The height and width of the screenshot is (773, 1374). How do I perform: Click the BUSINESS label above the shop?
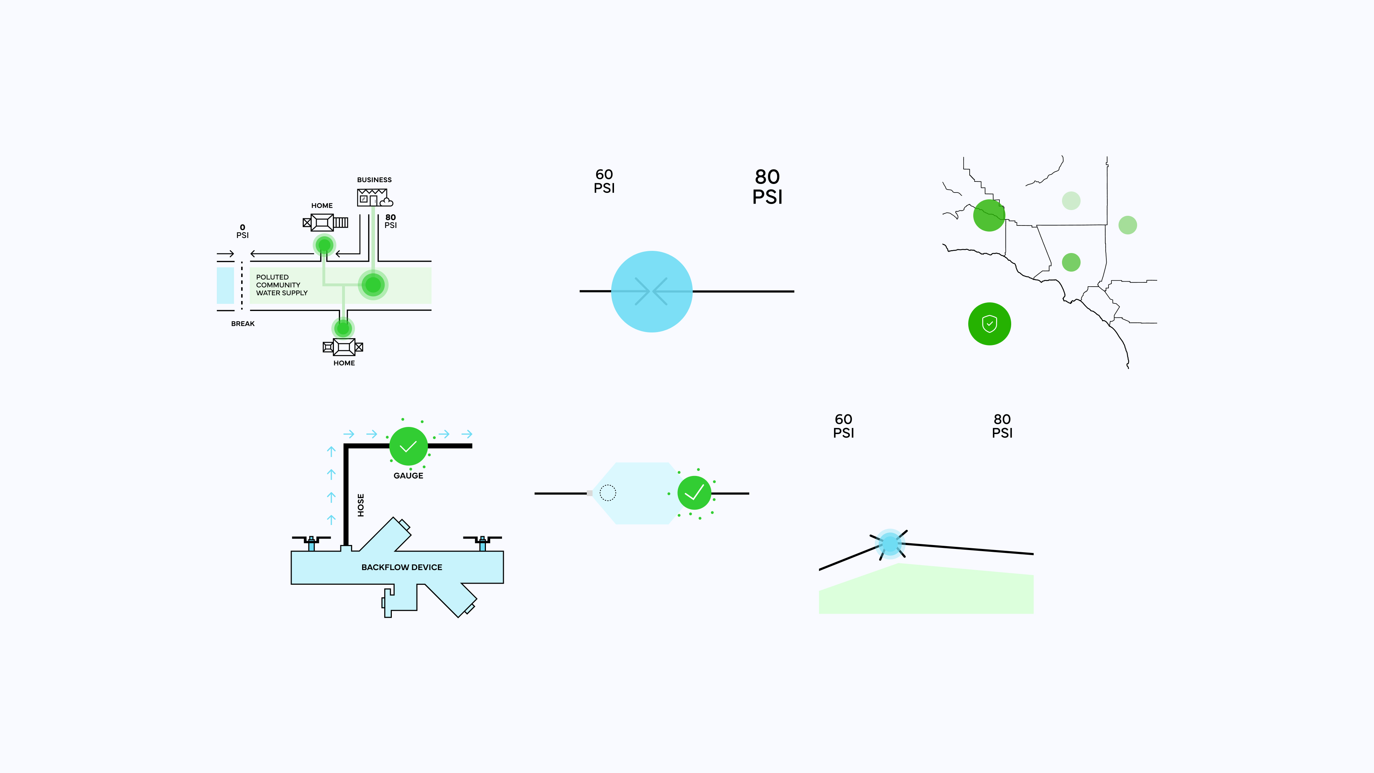[x=374, y=180]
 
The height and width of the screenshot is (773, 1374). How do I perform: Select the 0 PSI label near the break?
[x=243, y=231]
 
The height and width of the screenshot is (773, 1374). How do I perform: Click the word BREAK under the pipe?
[x=243, y=324]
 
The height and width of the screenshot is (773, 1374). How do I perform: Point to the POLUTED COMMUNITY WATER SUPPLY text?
[x=281, y=285]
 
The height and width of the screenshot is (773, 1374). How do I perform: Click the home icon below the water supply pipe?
[x=343, y=347]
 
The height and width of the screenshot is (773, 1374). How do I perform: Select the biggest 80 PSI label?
[x=767, y=187]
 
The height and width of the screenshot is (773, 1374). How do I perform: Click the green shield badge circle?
[x=989, y=324]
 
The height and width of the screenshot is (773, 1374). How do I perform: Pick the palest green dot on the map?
[x=1071, y=200]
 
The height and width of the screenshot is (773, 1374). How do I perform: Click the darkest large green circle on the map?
[x=989, y=215]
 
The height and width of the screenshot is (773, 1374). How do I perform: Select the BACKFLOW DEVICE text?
[x=401, y=567]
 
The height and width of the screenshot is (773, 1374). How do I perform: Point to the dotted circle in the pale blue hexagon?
[x=608, y=493]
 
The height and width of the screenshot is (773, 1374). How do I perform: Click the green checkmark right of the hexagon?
[x=694, y=493]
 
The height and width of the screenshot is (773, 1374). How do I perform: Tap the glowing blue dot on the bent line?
[x=890, y=544]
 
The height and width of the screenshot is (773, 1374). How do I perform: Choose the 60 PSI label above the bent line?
[x=843, y=426]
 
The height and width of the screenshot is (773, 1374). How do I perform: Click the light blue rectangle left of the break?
[x=225, y=286]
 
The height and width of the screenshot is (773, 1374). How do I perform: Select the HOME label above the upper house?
[x=322, y=205]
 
